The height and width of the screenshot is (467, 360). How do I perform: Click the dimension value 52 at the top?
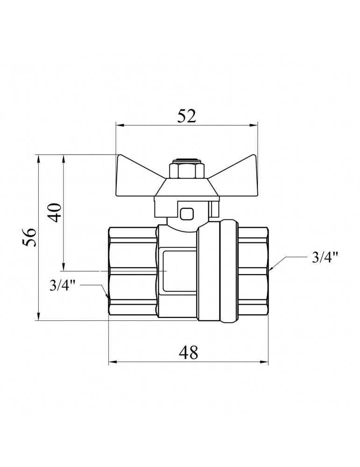pyautogui.click(x=187, y=116)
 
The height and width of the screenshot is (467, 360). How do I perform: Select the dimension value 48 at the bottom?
pyautogui.click(x=188, y=353)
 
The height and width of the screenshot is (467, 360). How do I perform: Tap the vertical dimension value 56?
pyautogui.click(x=30, y=237)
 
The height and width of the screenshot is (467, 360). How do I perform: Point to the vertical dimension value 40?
pyautogui.click(x=55, y=212)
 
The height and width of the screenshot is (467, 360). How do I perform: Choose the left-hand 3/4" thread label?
pyautogui.click(x=63, y=286)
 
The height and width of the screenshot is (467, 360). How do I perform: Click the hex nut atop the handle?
pyautogui.click(x=182, y=170)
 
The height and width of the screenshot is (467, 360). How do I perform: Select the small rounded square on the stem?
pyautogui.click(x=186, y=213)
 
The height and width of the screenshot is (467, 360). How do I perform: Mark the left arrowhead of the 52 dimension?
pyautogui.click(x=120, y=125)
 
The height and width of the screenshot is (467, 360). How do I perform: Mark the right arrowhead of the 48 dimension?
pyautogui.click(x=264, y=362)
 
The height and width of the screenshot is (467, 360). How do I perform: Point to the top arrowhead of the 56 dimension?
pyautogui.click(x=38, y=159)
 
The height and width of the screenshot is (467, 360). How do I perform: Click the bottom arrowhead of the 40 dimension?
pyautogui.click(x=63, y=267)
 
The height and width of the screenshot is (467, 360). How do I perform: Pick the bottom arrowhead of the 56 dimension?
pyautogui.click(x=38, y=316)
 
